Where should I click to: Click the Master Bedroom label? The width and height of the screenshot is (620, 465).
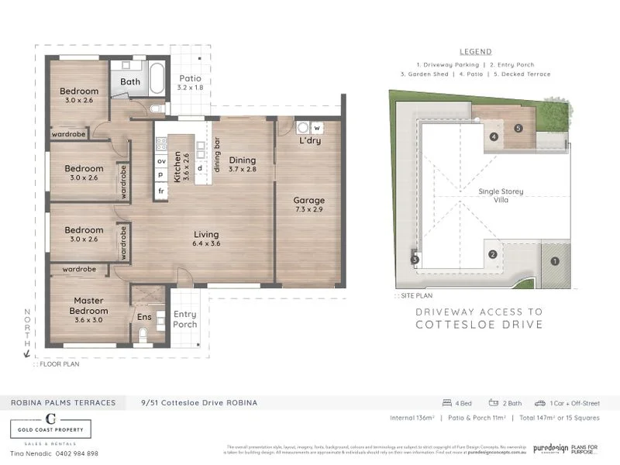90,305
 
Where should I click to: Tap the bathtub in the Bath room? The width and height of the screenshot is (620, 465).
157,79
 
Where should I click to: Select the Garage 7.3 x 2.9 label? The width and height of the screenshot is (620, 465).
308,205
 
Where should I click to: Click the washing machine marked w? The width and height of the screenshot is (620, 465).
317,128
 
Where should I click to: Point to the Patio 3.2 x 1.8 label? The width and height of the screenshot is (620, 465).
190,83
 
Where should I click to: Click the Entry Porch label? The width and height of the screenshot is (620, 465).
185,319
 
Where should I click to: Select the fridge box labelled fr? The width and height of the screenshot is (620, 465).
161,191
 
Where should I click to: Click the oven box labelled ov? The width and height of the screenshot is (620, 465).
161,160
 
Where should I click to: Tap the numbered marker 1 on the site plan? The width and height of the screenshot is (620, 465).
554,261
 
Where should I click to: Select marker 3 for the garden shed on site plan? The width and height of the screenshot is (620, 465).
415,259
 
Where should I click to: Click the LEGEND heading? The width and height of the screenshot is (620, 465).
475,51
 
